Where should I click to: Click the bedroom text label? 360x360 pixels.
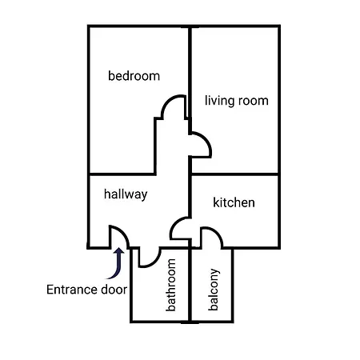(x=134, y=77)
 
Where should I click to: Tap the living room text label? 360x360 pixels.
(x=236, y=101)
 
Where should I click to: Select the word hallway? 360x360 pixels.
(x=126, y=194)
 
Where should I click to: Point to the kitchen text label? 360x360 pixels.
(x=234, y=202)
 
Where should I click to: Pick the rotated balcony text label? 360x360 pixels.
(x=214, y=294)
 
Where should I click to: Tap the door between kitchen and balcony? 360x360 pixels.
(x=212, y=237)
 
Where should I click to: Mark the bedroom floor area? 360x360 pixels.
(x=120, y=128)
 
